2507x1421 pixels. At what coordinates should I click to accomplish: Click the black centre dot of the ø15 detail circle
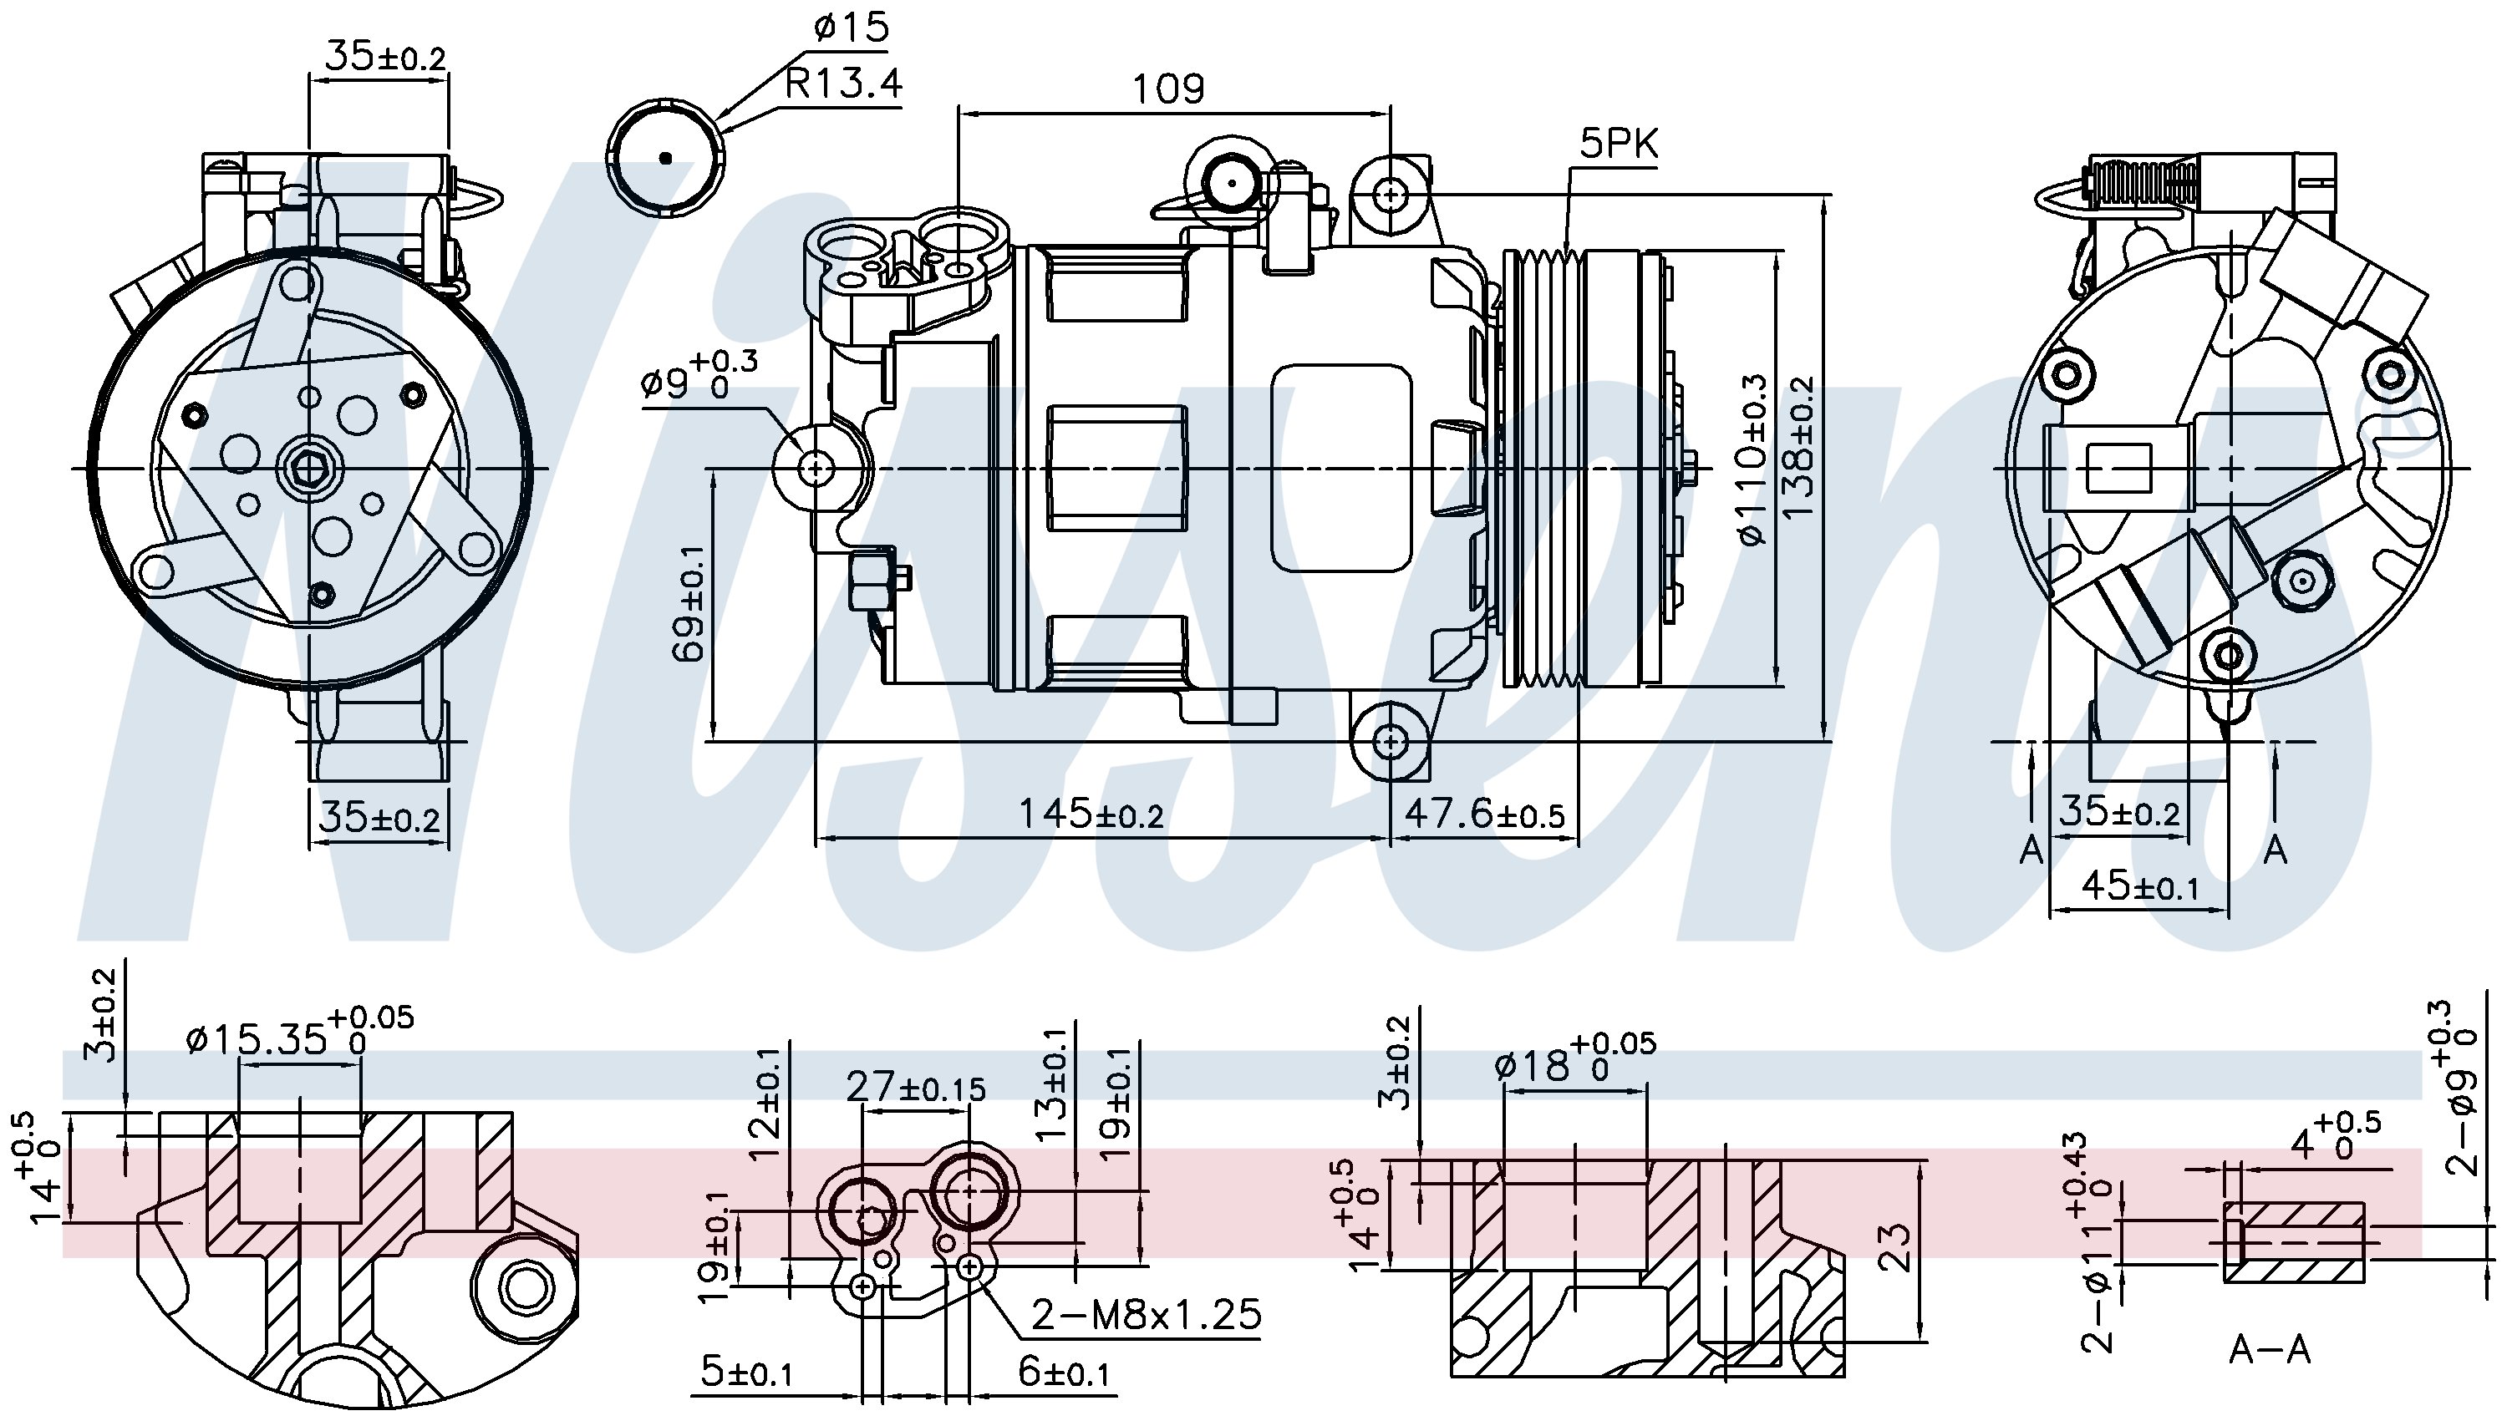(x=666, y=158)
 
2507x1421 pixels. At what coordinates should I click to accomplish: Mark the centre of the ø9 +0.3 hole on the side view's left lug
(x=816, y=469)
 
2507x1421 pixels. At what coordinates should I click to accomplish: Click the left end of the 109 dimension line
(x=959, y=111)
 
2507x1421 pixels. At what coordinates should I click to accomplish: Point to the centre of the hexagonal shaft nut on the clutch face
(x=309, y=469)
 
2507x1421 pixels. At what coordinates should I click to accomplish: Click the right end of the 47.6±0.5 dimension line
(x=1578, y=837)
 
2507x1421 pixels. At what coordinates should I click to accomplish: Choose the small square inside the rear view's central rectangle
(x=2118, y=469)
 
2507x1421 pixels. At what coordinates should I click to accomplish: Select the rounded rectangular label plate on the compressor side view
(x=1341, y=469)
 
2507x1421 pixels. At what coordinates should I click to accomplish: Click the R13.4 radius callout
(x=843, y=84)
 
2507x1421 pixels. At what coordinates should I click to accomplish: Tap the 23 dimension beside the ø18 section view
(x=1894, y=1246)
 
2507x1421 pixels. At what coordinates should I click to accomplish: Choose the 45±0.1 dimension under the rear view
(x=2140, y=886)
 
